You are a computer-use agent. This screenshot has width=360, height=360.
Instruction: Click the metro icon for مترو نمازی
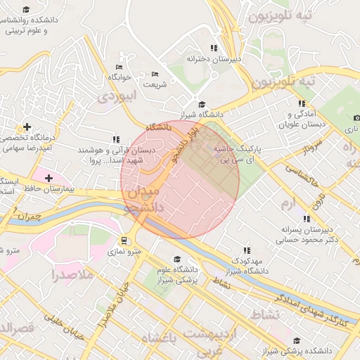124,240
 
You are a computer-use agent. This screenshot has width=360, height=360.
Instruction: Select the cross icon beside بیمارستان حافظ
48,178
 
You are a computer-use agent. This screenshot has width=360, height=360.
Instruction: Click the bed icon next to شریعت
155,75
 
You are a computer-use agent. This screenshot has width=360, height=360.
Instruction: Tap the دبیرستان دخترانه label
213,60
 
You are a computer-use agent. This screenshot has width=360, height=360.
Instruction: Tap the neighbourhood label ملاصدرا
73,275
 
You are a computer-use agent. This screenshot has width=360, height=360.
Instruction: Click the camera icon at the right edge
356,117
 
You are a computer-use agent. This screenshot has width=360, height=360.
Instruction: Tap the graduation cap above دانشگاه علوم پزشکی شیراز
176,259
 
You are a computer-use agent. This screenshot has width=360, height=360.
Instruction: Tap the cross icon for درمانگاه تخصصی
27,127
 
